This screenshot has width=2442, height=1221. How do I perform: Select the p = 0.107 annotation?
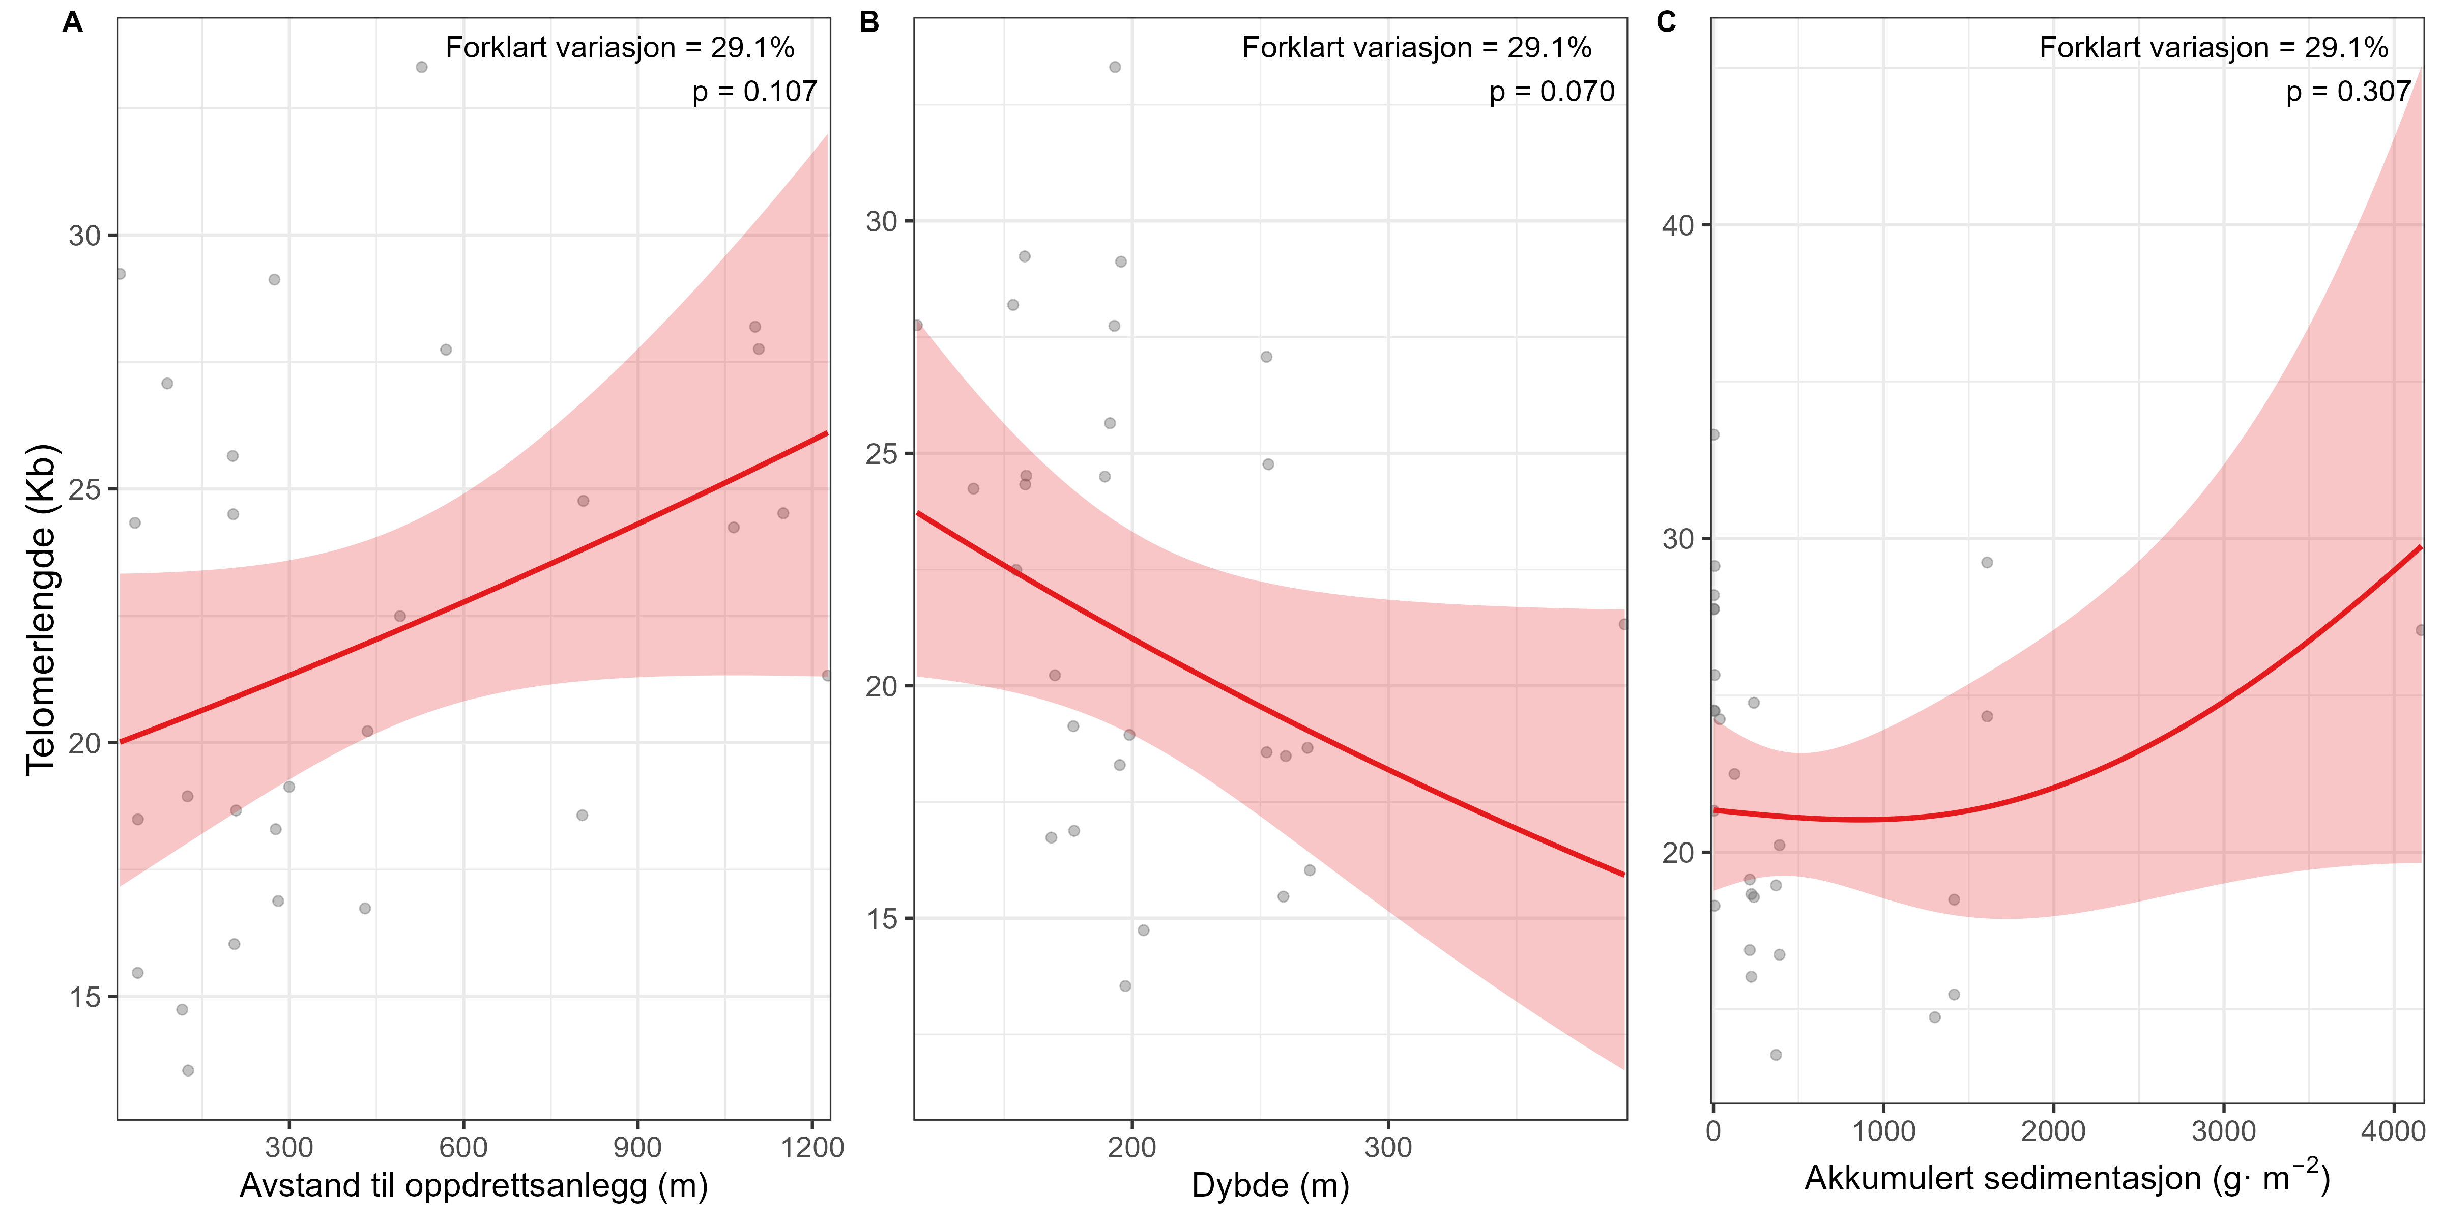pyautogui.click(x=754, y=92)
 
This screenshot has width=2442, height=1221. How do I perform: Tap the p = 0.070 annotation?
pyautogui.click(x=1552, y=92)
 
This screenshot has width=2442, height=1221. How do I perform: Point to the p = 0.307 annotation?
pyautogui.click(x=2348, y=92)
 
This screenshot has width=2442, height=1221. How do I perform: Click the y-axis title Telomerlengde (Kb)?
pyautogui.click(x=42, y=609)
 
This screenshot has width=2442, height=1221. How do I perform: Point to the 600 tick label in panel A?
pyautogui.click(x=463, y=1147)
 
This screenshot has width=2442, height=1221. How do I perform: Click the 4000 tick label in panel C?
pyautogui.click(x=2395, y=1131)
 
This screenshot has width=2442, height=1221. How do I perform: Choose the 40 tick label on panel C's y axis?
pyautogui.click(x=1678, y=225)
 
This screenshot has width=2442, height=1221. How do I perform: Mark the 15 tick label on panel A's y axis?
pyautogui.click(x=85, y=997)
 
